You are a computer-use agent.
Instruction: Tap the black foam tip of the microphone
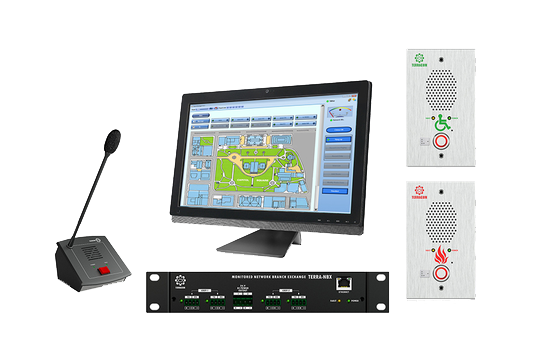pyautogui.click(x=113, y=137)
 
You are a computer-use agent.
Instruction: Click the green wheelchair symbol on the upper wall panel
pyautogui.click(x=442, y=123)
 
